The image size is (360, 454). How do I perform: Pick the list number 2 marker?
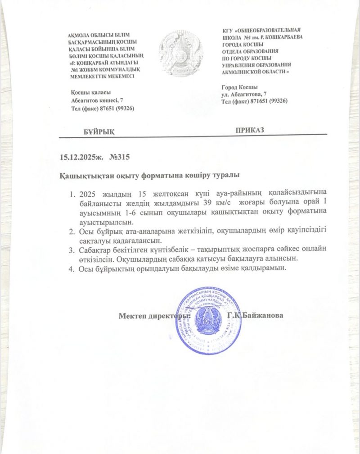coord(72,231)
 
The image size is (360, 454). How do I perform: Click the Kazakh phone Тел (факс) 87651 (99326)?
coord(103,109)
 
